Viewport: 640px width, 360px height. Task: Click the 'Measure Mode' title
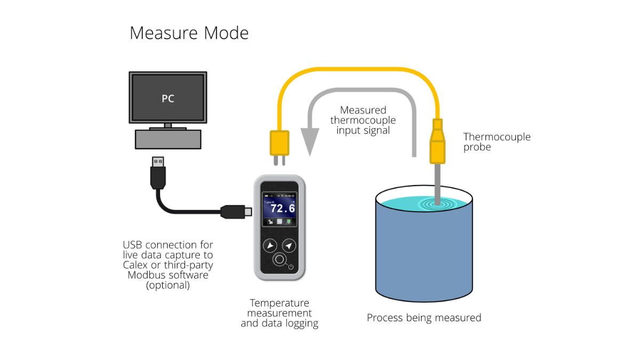point(189,33)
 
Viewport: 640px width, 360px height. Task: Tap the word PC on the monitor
point(168,99)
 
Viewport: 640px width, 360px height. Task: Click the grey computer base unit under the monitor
point(168,139)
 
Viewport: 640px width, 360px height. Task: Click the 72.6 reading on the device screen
point(283,208)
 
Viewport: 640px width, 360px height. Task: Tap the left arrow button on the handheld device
point(270,246)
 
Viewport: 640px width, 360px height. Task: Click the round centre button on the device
point(279,260)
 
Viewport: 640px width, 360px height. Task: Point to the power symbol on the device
point(291,267)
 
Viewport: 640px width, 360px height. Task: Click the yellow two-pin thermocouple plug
point(279,145)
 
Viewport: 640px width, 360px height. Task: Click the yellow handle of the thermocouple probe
point(437,144)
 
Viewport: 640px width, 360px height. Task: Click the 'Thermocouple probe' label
point(497,141)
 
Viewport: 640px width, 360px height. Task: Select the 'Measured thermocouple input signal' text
point(363,120)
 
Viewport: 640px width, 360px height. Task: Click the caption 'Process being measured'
point(424,318)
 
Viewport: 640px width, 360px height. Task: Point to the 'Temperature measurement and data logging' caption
point(279,313)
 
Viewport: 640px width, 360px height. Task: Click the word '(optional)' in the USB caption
point(168,285)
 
